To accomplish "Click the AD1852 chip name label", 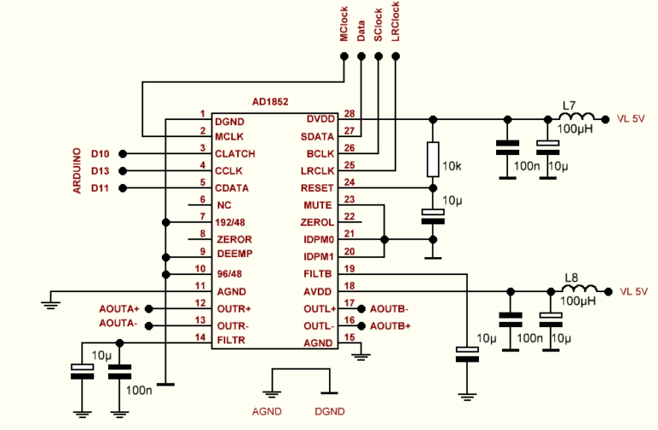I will pos(270,101).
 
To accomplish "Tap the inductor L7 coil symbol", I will pos(578,118).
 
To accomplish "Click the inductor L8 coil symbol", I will pos(578,291).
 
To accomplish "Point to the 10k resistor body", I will pos(434,159).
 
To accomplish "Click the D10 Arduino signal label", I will pos(100,153).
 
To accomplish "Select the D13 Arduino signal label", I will pos(100,170).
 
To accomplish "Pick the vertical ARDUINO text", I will pos(76,170).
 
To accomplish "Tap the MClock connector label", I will pos(344,24).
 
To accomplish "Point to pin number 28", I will pos(349,113).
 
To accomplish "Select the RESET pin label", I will pos(318,188).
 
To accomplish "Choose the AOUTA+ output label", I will pos(119,308).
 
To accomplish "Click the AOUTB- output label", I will pos(389,308).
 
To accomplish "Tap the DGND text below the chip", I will pos(330,411).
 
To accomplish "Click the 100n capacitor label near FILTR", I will pos(139,390).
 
